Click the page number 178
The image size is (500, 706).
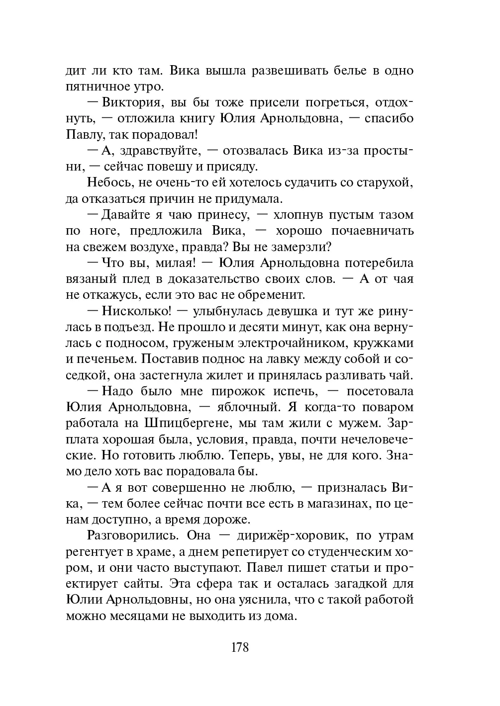click(240, 647)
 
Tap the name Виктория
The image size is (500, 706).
click(130, 103)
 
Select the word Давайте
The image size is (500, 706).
click(126, 215)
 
